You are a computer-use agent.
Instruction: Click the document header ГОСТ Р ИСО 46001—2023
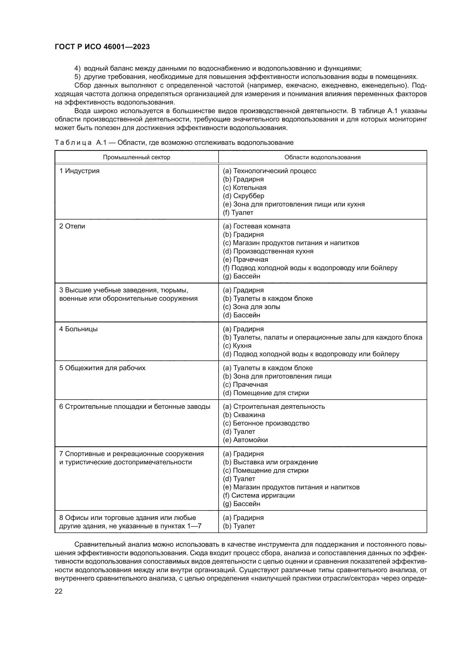pos(102,47)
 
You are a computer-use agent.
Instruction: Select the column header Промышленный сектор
pos(137,157)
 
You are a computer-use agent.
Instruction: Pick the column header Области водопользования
pos(322,157)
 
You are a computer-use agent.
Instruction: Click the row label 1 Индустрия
pos(79,171)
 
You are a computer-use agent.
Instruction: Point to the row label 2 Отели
pos(72,226)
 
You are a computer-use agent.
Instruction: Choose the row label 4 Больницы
pos(78,329)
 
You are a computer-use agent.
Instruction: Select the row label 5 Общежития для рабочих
pos(102,368)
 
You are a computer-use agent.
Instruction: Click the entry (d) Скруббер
pos(243,196)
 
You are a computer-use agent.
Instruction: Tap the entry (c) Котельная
pos(244,188)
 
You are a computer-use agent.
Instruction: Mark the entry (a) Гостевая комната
pos(256,226)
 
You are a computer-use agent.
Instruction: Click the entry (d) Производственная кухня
pos(268,251)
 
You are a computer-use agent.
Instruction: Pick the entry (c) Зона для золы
pos(251,307)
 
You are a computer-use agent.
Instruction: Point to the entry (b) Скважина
pos(244,415)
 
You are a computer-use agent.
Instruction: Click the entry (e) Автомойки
pos(245,440)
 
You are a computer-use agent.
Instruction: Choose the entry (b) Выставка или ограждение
pos(270,462)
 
